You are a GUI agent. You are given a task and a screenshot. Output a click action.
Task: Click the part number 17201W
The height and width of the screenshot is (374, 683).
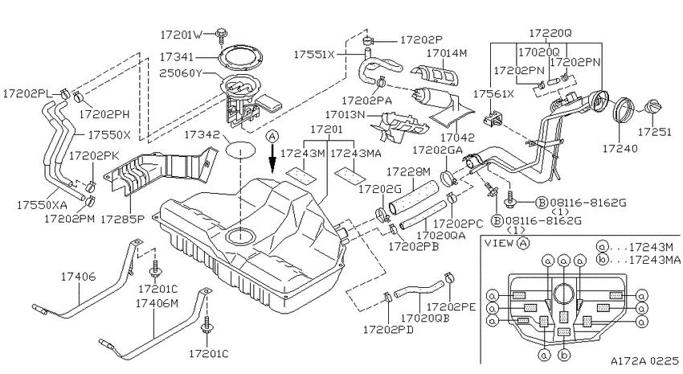point(182,35)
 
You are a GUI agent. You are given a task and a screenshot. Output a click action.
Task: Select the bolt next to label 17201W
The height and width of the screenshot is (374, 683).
point(221,35)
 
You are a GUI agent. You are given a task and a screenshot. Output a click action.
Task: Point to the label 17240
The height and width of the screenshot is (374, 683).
point(620,149)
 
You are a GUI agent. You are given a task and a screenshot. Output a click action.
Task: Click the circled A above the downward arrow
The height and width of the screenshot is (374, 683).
point(272,137)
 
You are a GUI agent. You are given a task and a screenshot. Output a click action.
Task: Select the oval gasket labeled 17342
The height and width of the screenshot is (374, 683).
point(239,150)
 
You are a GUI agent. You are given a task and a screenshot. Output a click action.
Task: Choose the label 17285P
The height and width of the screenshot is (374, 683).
point(122,219)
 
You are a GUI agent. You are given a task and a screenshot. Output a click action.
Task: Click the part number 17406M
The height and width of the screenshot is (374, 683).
point(157,303)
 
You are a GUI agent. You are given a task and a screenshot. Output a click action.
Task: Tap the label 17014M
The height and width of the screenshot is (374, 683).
point(447,53)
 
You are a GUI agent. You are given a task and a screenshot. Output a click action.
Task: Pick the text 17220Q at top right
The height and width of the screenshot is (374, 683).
point(550,33)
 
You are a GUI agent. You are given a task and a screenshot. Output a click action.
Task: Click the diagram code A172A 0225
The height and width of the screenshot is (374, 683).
point(644,361)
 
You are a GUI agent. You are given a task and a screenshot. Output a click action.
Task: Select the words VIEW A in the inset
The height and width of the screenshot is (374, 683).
point(507,243)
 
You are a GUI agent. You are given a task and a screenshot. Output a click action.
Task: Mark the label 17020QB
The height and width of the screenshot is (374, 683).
point(425,319)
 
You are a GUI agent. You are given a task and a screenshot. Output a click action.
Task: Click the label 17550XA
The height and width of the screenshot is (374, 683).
point(42,205)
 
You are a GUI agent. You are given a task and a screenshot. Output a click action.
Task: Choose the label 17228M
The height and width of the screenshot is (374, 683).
point(408,171)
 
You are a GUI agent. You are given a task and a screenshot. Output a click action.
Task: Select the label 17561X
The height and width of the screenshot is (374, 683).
point(494,94)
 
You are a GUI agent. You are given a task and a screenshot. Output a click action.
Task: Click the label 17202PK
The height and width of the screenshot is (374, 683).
point(94,154)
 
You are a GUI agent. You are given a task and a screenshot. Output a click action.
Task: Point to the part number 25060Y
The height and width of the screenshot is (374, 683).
point(181,73)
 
